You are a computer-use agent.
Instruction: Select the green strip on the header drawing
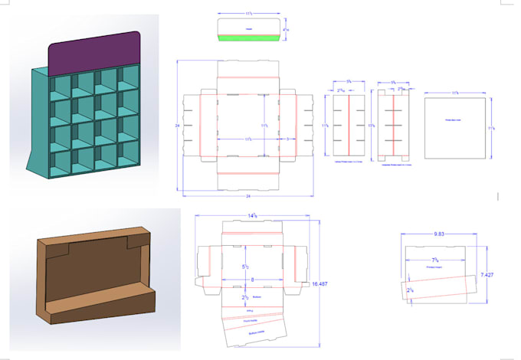click(249, 38)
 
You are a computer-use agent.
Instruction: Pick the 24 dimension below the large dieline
click(248, 196)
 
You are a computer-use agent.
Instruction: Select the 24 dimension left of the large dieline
click(177, 124)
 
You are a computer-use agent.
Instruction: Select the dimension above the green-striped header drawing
click(249, 12)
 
